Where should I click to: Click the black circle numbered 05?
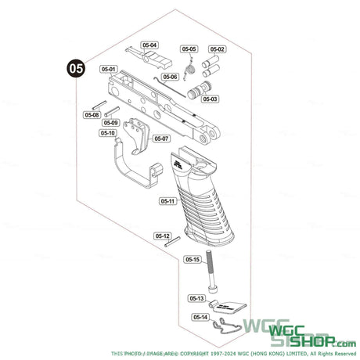(77, 69)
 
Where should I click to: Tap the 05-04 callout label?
(149, 45)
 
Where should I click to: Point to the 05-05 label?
(189, 49)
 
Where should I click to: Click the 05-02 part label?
(217, 49)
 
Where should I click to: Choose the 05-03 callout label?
(210, 99)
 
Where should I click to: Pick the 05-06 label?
(170, 77)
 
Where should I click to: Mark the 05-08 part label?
(92, 115)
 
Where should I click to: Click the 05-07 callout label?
(160, 139)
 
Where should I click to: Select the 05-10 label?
(107, 133)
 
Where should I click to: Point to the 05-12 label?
(162, 236)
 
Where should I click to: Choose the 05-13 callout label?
(196, 298)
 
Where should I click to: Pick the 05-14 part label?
(199, 317)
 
